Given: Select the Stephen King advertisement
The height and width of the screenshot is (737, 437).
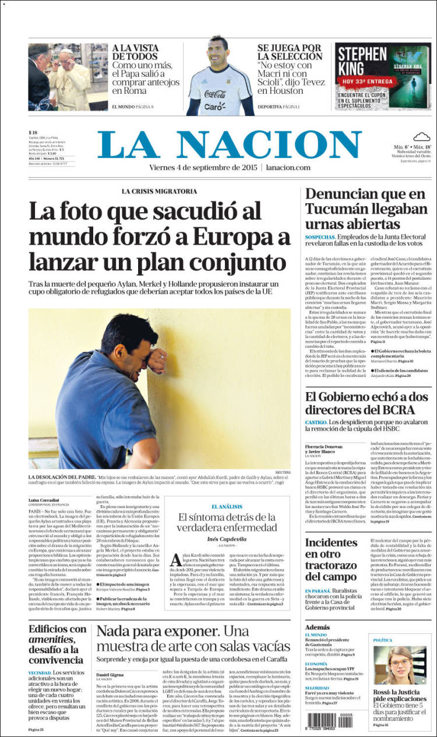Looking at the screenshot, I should pyautogui.click(x=382, y=76).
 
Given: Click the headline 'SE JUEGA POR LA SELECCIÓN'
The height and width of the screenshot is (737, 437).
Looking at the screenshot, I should pyautogui.click(x=290, y=52).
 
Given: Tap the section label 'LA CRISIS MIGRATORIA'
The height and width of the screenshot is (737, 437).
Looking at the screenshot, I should pyautogui.click(x=159, y=191).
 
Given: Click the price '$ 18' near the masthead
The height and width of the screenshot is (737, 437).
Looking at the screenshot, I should pyautogui.click(x=33, y=133).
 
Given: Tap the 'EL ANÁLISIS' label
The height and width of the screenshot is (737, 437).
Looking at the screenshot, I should pyautogui.click(x=228, y=507).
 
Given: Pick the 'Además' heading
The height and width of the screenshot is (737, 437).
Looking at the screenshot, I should pyautogui.click(x=317, y=626).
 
